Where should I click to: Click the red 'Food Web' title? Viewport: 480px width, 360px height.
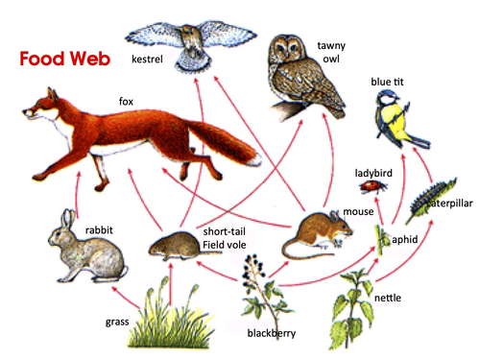click(65, 59)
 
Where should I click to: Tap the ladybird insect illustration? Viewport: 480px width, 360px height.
click(373, 186)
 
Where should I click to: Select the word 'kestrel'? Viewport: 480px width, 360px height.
click(147, 60)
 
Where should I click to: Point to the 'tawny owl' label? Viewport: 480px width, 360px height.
click(331, 52)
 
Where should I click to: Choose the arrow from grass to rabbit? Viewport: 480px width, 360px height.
click(126, 298)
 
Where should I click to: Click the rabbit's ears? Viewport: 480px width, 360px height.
click(69, 218)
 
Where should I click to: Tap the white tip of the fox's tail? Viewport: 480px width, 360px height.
click(256, 159)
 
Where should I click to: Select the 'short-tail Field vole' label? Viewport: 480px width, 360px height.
click(225, 238)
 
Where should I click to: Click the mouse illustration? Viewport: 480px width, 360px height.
click(317, 234)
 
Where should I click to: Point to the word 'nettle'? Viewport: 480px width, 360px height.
click(388, 298)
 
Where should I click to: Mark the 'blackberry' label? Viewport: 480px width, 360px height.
click(272, 333)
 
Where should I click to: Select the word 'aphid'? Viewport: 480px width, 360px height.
click(405, 239)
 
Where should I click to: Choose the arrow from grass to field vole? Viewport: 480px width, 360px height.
click(171, 284)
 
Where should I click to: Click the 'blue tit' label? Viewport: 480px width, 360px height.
click(387, 82)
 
